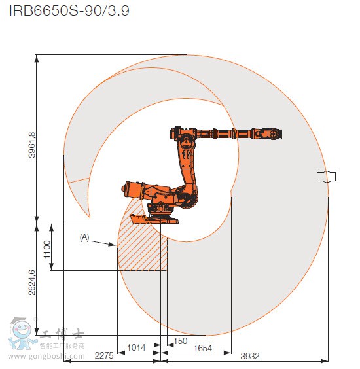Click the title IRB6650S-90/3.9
(69, 10)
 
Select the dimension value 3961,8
(32, 145)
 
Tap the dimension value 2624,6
(32, 283)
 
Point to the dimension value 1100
(47, 249)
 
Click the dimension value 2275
(104, 355)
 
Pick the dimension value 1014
(136, 347)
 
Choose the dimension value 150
(181, 341)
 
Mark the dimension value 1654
(203, 348)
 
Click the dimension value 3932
(250, 356)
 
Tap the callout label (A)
(84, 237)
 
